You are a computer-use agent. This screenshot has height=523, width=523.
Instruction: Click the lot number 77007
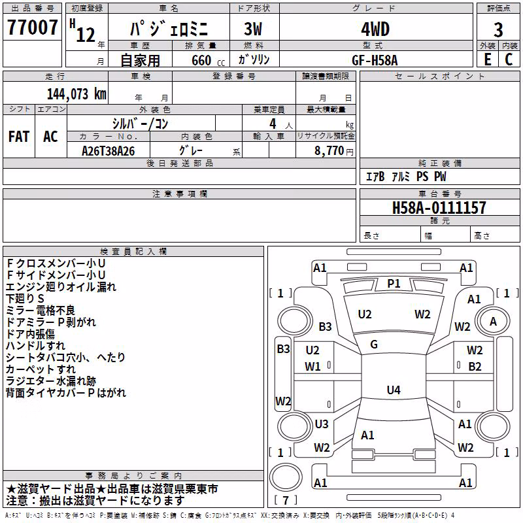coord(32,27)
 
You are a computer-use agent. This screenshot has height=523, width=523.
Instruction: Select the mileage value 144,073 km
coord(76,94)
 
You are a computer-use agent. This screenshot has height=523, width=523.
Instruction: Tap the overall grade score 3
coord(498,29)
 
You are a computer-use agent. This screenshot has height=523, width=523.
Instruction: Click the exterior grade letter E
coord(488,59)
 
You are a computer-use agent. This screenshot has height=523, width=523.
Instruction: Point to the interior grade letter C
coord(509,59)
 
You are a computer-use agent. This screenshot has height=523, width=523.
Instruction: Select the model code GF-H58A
coord(375,60)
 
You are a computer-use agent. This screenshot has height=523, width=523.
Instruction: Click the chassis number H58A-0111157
coord(439,208)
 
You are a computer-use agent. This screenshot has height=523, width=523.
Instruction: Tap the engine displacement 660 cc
coord(208,60)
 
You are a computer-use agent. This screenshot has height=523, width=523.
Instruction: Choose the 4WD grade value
coord(375,29)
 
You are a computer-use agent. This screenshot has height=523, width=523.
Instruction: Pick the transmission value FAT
coord(19,137)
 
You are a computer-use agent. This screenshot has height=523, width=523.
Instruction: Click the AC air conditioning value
coord(51,137)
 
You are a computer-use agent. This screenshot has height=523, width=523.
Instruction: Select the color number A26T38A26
coord(109,151)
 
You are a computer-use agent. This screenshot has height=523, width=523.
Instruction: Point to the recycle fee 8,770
coord(329,151)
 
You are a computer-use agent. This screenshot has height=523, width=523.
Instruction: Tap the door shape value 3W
coord(253,29)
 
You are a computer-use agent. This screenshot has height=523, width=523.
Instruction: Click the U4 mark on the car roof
coord(394,390)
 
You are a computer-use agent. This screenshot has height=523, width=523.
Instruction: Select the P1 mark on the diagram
coord(394,284)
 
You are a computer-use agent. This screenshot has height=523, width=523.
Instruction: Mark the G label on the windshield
coord(374,345)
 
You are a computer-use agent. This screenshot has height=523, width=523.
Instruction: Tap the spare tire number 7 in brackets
coord(286,500)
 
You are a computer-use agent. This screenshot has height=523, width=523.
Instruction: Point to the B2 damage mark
coord(475,367)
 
